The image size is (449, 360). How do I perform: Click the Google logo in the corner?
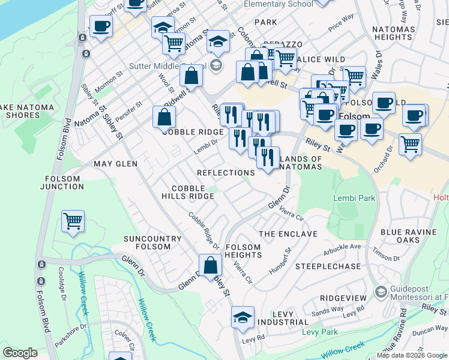coord(20,353)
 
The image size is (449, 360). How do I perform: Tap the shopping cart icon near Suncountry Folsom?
coord(73,221)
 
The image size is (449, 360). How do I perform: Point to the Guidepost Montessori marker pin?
coord(380,292)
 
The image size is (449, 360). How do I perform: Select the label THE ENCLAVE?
coord(288,233)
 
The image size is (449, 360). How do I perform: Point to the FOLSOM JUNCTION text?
coord(62,182)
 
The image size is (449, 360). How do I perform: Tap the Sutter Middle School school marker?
coord(216,65)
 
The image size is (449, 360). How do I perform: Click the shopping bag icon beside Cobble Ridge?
coord(164,117)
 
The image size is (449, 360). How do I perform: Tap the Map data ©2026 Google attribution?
coord(412,355)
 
